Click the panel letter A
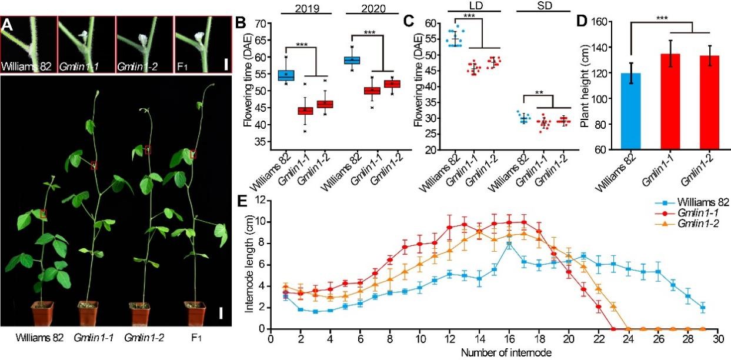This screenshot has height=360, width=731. [x=7, y=25]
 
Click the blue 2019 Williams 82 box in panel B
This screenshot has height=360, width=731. [x=286, y=75]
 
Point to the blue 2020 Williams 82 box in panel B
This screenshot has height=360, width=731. [x=352, y=60]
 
